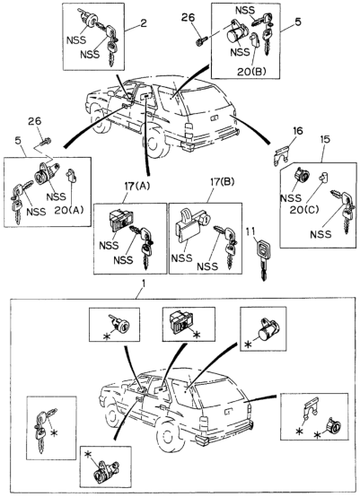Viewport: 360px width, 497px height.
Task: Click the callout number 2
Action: (144, 23)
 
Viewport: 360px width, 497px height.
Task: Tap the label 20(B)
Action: (251, 72)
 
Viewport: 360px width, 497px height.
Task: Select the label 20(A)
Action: (69, 210)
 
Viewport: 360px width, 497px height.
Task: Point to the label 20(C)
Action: (303, 210)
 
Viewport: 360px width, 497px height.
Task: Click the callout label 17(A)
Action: (137, 186)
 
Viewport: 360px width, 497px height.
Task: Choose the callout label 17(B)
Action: (222, 182)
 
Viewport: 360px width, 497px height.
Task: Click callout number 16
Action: (297, 131)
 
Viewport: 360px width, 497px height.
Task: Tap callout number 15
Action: (325, 139)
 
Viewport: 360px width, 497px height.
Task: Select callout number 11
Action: (250, 231)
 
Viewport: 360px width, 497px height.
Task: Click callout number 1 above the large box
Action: (144, 283)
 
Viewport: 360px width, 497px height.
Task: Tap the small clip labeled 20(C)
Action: (324, 178)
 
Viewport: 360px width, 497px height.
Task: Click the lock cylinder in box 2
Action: (89, 19)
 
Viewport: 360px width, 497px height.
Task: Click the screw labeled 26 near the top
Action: (202, 41)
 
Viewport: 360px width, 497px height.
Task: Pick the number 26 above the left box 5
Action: (35, 121)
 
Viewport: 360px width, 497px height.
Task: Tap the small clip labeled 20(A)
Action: (71, 175)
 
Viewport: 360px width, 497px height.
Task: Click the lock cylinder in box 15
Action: (302, 175)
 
